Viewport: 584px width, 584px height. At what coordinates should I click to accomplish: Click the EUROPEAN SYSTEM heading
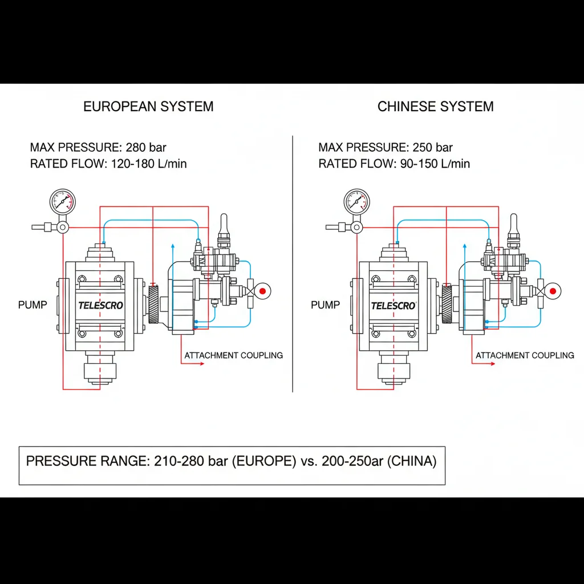click(x=148, y=107)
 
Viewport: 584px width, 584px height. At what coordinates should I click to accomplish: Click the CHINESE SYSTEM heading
click(x=435, y=107)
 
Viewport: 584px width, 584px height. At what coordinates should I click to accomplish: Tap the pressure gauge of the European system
click(x=63, y=201)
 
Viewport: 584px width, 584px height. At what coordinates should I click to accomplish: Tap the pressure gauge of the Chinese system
click(x=356, y=201)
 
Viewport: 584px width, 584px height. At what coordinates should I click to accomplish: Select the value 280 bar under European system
click(x=147, y=148)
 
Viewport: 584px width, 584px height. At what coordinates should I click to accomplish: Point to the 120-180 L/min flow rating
click(x=148, y=164)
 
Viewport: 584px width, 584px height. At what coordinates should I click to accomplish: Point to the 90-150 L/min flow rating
click(x=433, y=164)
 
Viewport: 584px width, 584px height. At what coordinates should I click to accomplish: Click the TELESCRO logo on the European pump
click(x=100, y=305)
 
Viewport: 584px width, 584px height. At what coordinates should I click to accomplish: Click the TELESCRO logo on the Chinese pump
click(x=394, y=306)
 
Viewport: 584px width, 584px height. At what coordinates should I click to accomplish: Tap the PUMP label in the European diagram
click(x=33, y=305)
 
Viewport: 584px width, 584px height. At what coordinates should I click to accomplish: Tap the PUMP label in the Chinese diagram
click(x=325, y=305)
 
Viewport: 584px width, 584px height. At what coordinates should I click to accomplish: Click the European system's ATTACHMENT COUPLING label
click(x=233, y=355)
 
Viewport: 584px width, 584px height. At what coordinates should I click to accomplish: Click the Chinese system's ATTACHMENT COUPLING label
click(x=525, y=355)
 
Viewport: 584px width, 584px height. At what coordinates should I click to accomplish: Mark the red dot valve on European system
click(x=262, y=291)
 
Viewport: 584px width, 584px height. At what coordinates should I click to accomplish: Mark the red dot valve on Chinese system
click(x=551, y=291)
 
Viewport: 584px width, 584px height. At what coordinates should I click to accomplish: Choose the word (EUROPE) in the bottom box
click(x=264, y=461)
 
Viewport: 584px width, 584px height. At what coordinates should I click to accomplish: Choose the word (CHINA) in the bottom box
click(x=411, y=461)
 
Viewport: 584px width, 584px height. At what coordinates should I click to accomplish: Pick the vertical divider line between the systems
click(x=293, y=262)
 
